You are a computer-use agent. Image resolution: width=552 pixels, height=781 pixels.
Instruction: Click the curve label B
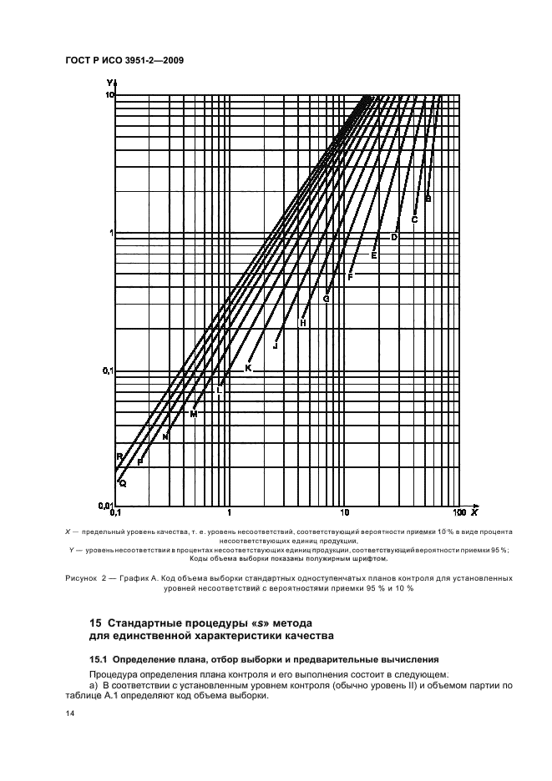pos(428,199)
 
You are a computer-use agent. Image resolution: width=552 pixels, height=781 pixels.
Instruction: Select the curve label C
pos(414,220)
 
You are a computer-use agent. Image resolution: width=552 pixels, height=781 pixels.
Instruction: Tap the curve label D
pos(394,238)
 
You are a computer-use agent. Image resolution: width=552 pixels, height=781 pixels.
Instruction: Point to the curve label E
pos(374,255)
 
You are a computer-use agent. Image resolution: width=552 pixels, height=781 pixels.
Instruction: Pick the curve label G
pos(327,299)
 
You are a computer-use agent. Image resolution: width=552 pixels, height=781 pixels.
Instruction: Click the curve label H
pos(303,323)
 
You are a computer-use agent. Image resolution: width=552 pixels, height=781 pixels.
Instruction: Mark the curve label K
pos(248,368)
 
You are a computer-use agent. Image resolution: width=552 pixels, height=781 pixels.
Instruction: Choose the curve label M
pos(193,414)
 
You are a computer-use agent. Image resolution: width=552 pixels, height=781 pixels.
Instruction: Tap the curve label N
pos(165,436)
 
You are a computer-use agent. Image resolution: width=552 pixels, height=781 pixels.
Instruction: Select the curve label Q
pos(122,482)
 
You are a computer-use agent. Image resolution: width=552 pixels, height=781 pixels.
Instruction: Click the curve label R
pos(119,456)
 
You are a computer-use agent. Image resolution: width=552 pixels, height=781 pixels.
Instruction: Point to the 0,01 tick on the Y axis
pos(105,506)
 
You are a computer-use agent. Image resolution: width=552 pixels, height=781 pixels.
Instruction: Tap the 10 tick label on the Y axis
pos(109,96)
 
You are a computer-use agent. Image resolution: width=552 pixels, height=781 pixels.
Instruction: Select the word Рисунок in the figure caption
pos(81,577)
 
